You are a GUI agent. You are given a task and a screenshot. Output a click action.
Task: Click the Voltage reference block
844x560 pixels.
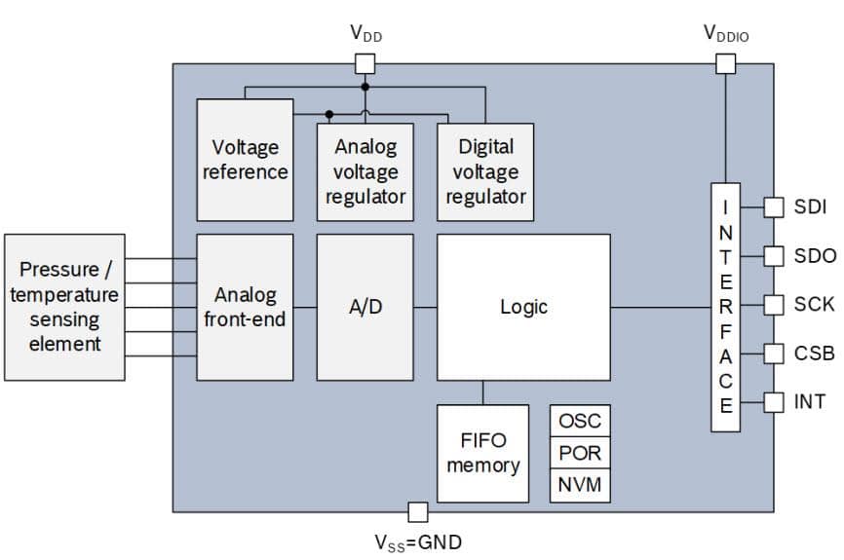245,160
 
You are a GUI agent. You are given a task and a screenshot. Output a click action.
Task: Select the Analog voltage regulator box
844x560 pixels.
365,171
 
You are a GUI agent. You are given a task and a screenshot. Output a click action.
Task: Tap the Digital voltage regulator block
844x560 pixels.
485,171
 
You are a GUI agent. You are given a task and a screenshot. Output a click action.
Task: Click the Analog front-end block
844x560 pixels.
245,307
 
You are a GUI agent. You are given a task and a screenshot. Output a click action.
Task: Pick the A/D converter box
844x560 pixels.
365,307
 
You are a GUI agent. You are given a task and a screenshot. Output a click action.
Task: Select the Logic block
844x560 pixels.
523,307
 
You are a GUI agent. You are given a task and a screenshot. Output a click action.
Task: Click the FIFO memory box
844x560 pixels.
482,453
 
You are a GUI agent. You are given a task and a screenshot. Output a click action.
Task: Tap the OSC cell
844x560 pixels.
580,422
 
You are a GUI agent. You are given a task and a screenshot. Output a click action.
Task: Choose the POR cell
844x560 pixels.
580,453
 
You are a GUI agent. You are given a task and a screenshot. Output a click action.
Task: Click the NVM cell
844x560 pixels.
580,484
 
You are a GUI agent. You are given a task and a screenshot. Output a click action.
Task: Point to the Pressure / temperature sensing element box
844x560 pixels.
64,307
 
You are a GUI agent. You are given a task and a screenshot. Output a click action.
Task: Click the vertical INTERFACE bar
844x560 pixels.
725,307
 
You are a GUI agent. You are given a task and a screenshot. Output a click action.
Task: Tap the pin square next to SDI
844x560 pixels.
773,207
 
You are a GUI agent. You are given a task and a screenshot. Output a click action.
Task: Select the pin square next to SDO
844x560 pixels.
773,256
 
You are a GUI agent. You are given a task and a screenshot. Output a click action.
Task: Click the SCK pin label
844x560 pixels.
814,304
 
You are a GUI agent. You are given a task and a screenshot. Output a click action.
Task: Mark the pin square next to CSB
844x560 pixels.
773,353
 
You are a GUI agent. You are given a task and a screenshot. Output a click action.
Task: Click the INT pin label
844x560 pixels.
810,400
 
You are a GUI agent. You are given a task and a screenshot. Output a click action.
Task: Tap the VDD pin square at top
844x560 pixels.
364,64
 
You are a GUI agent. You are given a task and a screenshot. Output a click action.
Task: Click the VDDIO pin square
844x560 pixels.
725,64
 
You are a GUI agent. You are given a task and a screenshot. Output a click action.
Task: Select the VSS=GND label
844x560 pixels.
418,542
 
